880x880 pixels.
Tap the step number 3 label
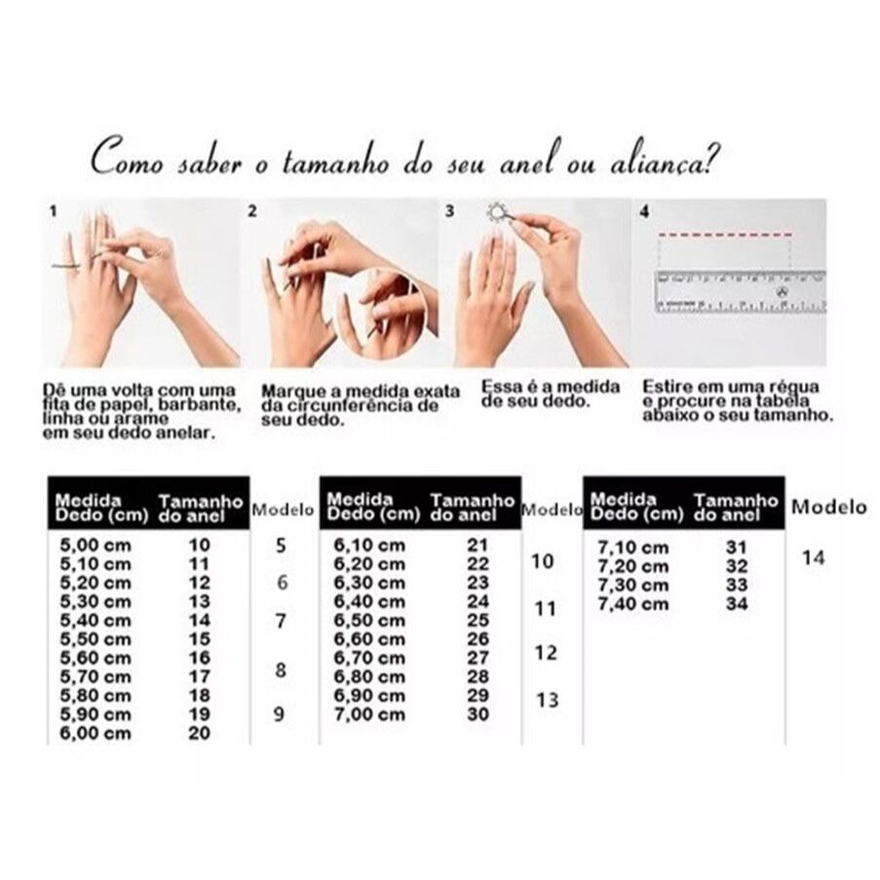click(449, 211)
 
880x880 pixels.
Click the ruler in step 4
click(741, 290)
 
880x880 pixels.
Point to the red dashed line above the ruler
click(725, 234)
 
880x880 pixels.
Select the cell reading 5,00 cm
click(96, 545)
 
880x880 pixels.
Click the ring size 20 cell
click(199, 733)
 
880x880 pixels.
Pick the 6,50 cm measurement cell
click(368, 620)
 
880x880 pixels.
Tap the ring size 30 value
click(478, 714)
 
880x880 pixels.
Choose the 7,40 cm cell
click(633, 604)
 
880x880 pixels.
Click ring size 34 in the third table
click(737, 604)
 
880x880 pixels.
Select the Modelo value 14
click(813, 557)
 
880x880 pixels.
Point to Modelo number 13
click(547, 700)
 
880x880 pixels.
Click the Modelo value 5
click(281, 545)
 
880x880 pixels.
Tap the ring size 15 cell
click(199, 638)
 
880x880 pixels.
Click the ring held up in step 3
click(497, 213)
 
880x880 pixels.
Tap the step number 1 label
click(54, 211)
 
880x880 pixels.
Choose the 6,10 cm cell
click(368, 545)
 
